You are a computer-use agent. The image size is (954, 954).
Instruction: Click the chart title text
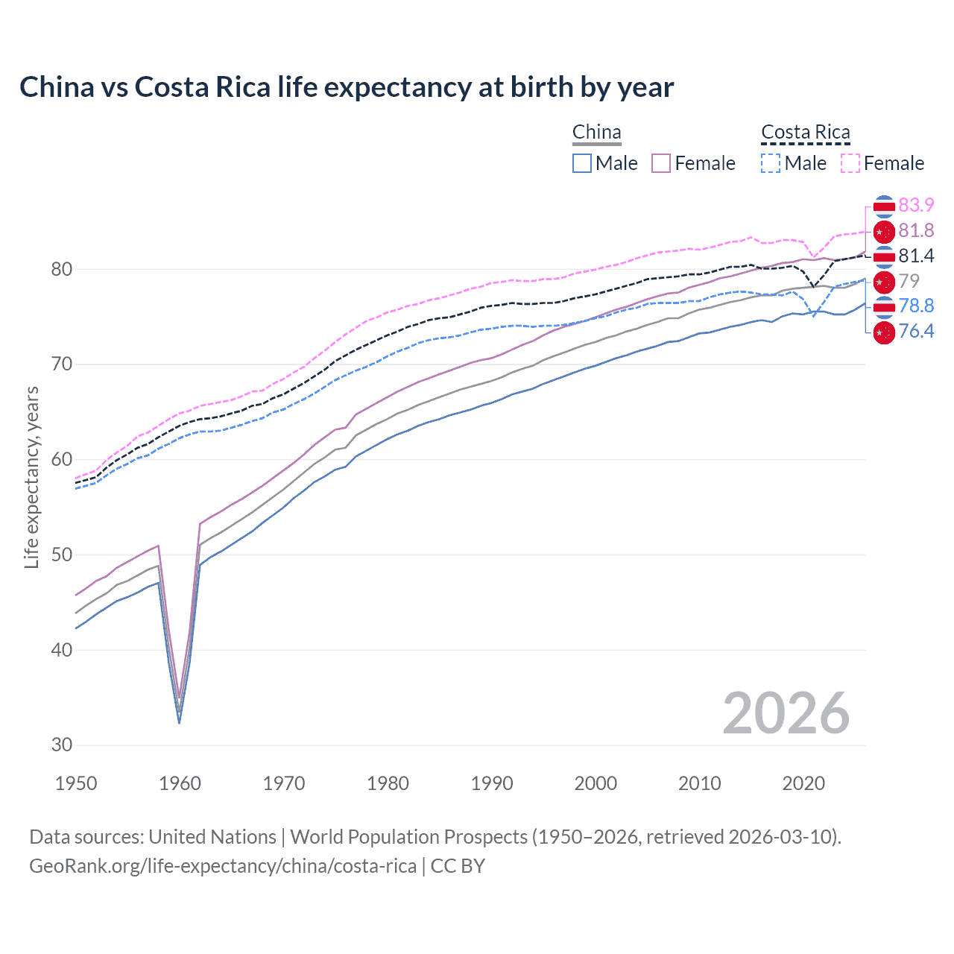347,87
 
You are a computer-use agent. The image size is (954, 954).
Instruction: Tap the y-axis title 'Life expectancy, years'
31,478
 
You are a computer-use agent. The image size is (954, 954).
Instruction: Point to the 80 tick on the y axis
62,269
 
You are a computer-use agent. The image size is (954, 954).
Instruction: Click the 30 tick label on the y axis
62,745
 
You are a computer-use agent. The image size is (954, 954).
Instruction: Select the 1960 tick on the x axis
180,783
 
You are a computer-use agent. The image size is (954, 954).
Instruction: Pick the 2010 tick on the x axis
699,783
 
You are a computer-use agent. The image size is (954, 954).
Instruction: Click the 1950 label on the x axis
76,783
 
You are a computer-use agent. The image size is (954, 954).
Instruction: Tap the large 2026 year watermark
786,713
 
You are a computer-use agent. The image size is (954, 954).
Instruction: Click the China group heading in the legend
596,133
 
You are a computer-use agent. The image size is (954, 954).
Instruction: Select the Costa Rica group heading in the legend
805,133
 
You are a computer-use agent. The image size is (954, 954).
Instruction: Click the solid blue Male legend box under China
582,163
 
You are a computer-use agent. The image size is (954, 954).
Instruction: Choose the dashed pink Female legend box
850,163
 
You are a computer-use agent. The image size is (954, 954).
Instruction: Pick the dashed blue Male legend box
771,163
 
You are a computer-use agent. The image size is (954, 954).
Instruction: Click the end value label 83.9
916,205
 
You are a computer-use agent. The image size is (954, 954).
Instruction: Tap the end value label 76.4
916,331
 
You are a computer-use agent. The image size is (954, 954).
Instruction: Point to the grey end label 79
909,281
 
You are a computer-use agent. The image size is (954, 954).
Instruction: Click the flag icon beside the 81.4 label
883,256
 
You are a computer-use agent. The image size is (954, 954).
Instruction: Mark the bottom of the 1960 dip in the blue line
179,722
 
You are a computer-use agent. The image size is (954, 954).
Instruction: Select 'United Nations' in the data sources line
212,836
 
